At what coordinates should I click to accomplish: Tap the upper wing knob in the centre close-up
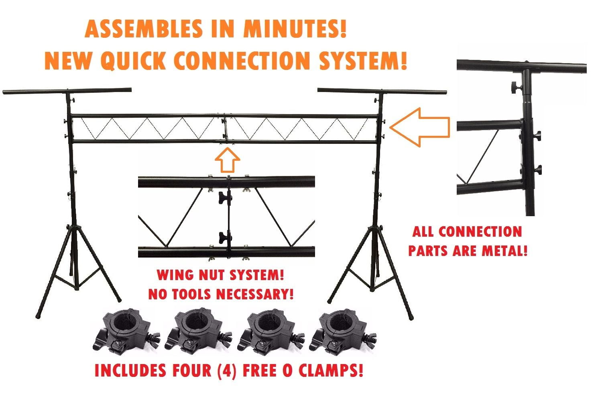click(x=224, y=197)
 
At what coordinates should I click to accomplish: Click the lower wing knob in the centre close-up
click(x=224, y=237)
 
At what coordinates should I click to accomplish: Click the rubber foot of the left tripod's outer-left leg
click(x=38, y=316)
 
